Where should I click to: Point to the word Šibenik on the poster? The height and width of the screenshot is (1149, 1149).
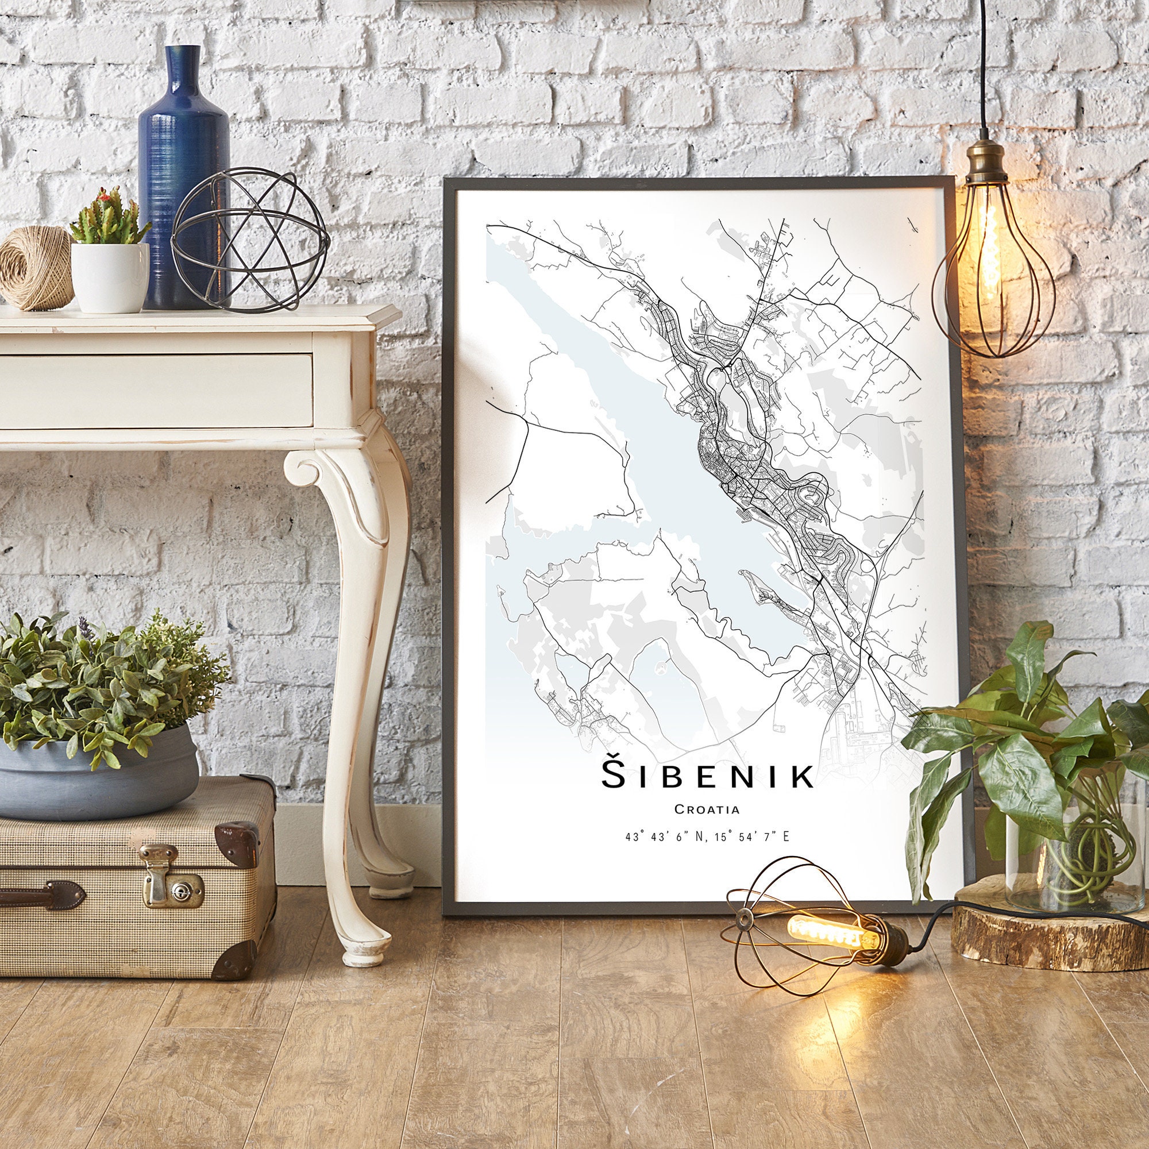point(707,776)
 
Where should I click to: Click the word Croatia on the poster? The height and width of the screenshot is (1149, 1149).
point(707,809)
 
